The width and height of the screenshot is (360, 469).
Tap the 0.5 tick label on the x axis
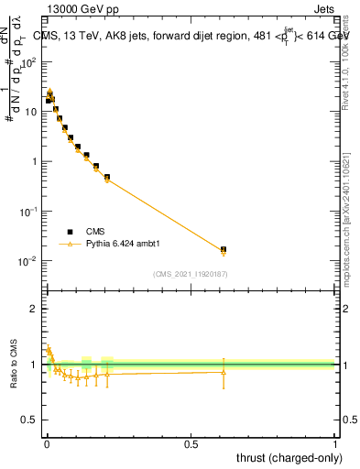pyautogui.click(x=191, y=443)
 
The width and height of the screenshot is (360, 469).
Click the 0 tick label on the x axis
pyautogui.click(x=47, y=443)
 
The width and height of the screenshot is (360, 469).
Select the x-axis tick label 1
pyautogui.click(x=335, y=443)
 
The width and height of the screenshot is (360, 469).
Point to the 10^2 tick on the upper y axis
pyautogui.click(x=30, y=62)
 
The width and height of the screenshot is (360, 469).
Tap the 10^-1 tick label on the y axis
pyautogui.click(x=28, y=212)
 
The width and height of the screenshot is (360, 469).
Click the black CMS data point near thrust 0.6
pyautogui.click(x=224, y=249)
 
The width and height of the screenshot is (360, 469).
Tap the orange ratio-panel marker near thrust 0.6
pyautogui.click(x=224, y=371)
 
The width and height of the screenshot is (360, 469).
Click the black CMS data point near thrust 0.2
pyautogui.click(x=107, y=177)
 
